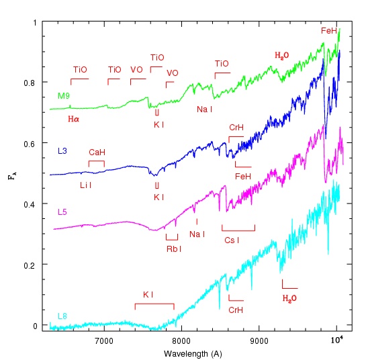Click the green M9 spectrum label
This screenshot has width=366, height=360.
(x=64, y=96)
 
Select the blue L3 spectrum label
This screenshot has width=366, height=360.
(x=62, y=151)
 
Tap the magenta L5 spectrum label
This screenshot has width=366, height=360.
(x=62, y=212)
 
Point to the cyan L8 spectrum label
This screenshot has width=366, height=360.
(x=62, y=316)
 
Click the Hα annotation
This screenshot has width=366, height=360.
(x=73, y=119)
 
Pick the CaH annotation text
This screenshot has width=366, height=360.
(x=97, y=152)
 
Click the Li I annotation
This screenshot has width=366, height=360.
(x=86, y=185)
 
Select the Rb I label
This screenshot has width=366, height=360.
(x=174, y=249)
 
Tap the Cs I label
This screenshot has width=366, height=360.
(x=232, y=240)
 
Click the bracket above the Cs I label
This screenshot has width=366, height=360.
(x=238, y=230)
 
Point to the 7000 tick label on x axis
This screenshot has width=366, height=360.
(x=104, y=341)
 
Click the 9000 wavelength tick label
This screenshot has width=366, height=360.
(x=259, y=341)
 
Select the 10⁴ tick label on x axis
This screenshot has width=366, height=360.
(x=337, y=340)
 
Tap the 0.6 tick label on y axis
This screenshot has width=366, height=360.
(x=30, y=144)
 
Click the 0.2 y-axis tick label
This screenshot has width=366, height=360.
(x=30, y=265)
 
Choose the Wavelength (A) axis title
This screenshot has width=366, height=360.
(x=193, y=354)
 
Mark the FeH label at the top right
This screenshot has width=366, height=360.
(x=329, y=31)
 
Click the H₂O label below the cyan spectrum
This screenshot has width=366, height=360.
(x=289, y=299)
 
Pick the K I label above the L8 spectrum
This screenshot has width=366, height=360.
(x=148, y=295)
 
